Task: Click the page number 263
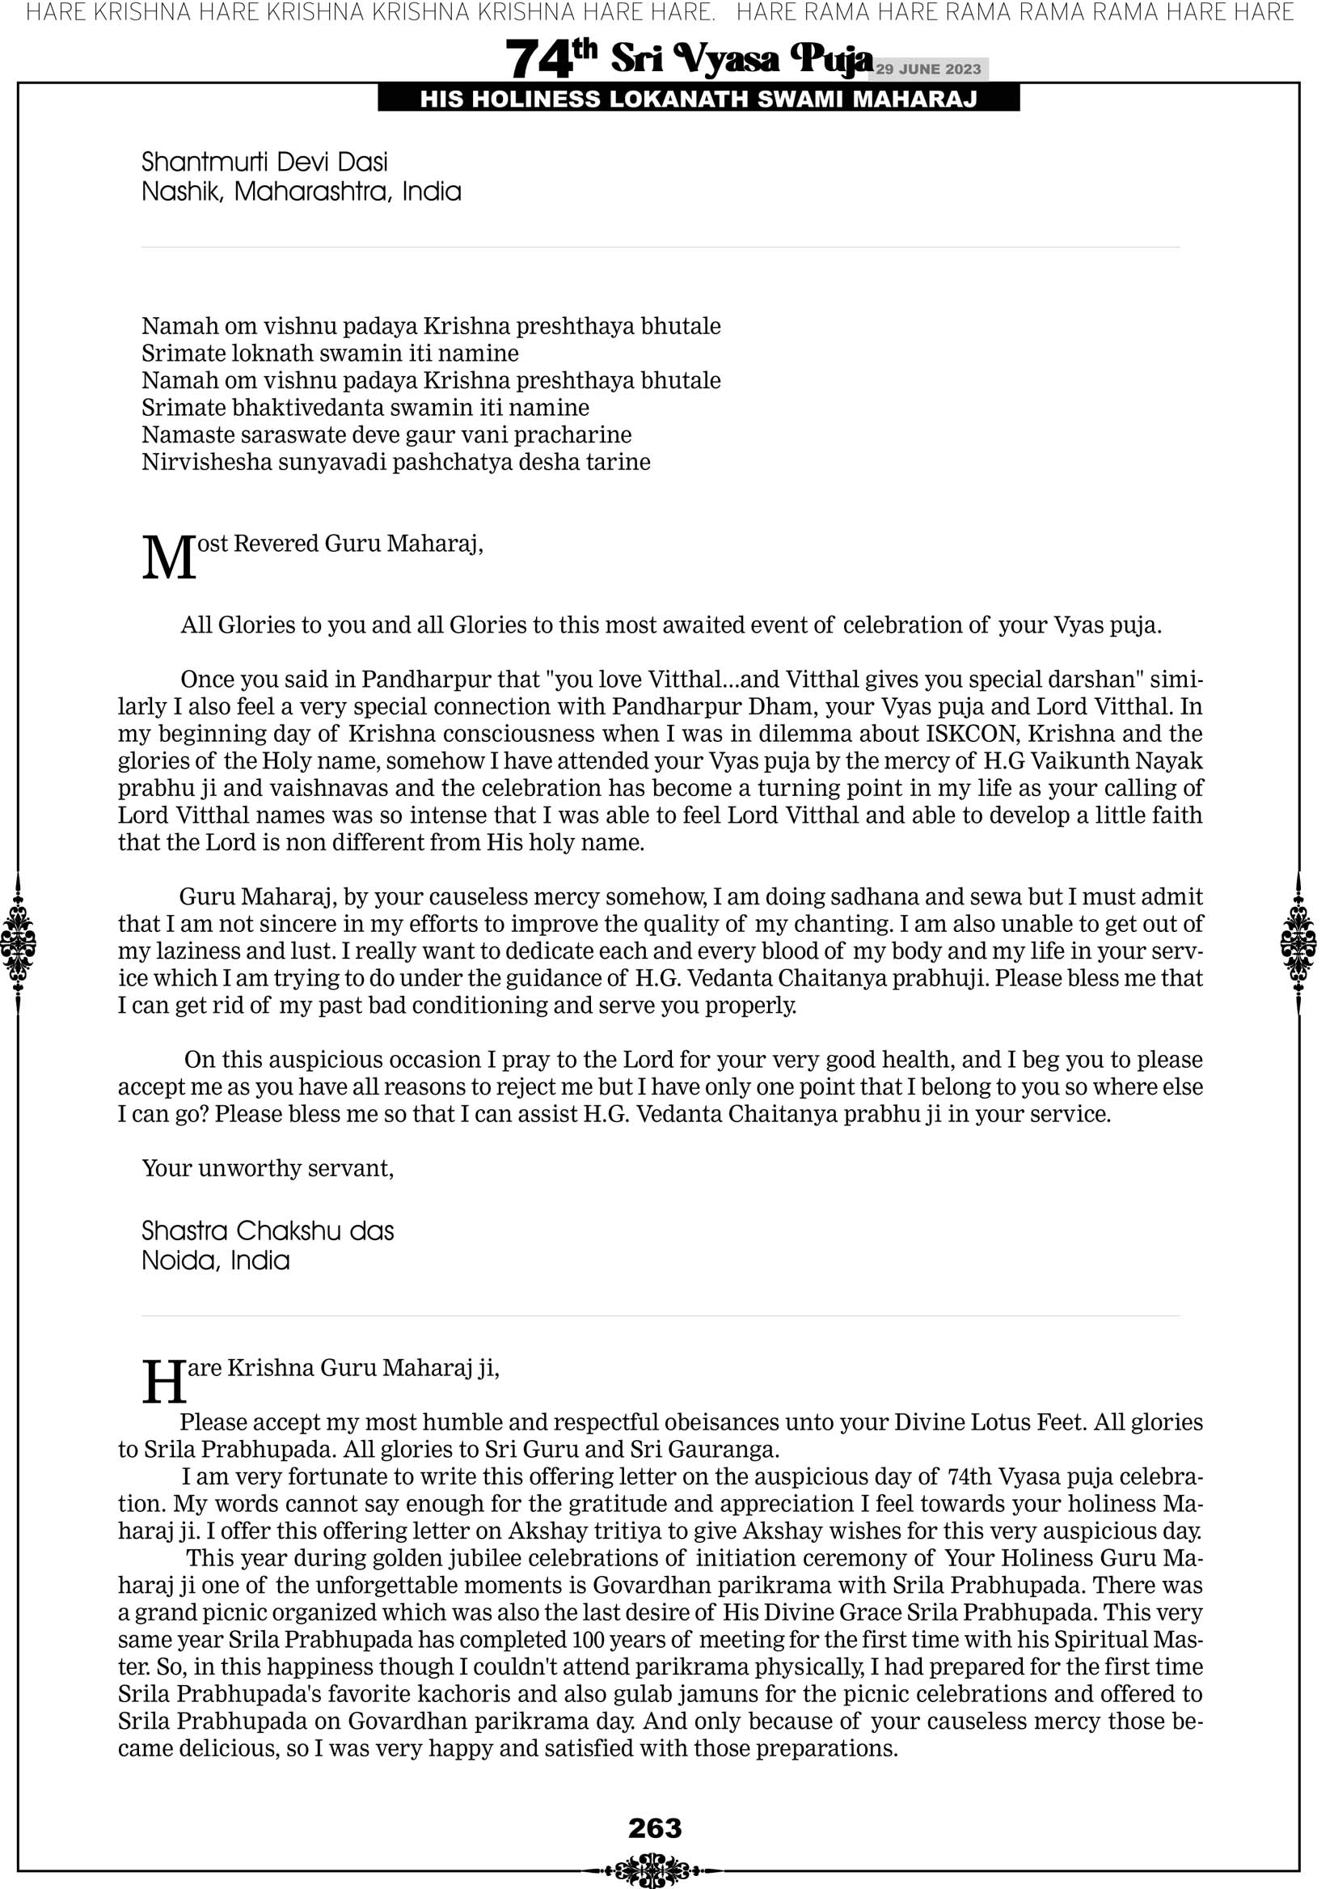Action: (655, 1828)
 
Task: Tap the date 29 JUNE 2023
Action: (928, 69)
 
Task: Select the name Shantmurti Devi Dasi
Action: (264, 161)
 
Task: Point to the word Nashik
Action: (182, 192)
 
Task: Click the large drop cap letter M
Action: (169, 559)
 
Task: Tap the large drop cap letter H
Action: (164, 1383)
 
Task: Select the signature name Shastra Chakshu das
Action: (268, 1230)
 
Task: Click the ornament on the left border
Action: (18, 943)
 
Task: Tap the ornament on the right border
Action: (1298, 943)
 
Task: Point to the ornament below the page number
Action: (655, 1869)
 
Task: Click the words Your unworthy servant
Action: (268, 1168)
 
